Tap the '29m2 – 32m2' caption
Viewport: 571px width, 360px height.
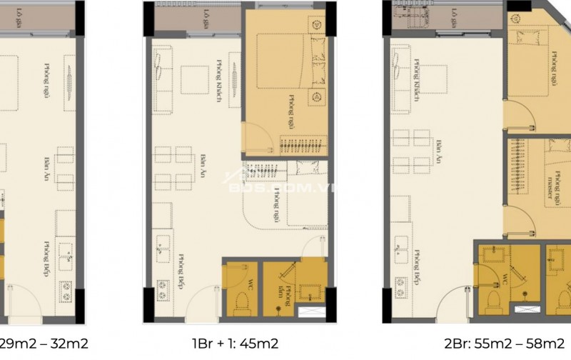44,344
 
